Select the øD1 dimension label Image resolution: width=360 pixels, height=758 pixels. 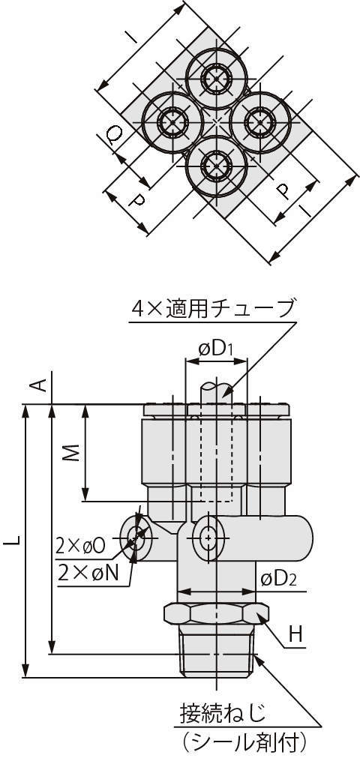tap(215, 349)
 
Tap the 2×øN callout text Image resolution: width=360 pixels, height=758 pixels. tap(86, 571)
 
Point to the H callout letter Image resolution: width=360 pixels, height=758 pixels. tap(295, 636)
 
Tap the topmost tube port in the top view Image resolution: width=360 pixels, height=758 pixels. tap(217, 76)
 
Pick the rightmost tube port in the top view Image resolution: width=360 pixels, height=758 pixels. tap(259, 120)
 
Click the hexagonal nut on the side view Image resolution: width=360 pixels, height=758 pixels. tap(215, 613)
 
